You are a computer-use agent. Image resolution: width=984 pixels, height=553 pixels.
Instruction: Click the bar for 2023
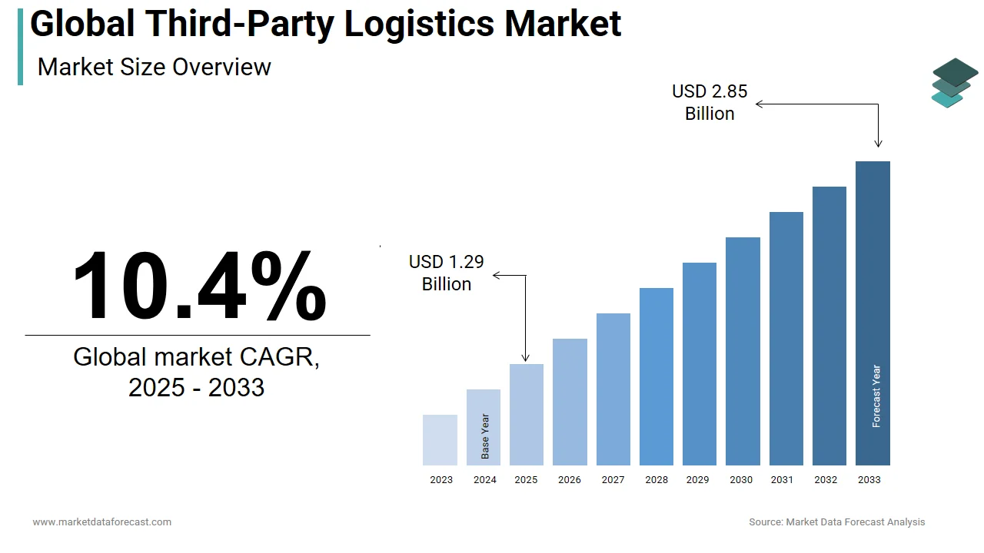(440, 440)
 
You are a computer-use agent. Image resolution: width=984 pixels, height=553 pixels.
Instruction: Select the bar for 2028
(657, 376)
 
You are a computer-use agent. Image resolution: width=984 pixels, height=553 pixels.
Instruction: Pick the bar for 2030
(743, 351)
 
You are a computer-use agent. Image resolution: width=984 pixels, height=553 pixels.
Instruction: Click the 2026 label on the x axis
(570, 480)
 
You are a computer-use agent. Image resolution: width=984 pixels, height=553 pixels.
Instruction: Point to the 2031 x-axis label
(782, 480)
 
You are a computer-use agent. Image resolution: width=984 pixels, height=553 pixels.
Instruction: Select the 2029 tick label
(697, 480)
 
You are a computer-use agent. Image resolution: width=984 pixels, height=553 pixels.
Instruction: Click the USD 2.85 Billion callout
(710, 102)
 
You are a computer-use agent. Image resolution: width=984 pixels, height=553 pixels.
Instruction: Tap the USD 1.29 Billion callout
(447, 273)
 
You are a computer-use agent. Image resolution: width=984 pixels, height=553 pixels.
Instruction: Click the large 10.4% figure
(199, 286)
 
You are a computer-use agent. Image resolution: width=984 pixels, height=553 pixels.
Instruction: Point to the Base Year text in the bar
(485, 436)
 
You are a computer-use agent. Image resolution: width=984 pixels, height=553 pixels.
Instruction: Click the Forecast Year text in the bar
(876, 396)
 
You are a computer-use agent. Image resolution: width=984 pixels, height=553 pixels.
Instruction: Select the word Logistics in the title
(419, 24)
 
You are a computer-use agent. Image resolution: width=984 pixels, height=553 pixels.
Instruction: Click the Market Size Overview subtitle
(154, 67)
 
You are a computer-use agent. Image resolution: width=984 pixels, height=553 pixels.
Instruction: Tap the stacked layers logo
(954, 83)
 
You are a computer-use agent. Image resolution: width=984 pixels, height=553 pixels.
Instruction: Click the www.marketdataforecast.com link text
(101, 522)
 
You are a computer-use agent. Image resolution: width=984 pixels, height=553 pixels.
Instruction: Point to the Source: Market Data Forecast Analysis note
(837, 522)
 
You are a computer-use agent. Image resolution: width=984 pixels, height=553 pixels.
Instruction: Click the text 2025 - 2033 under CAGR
(197, 387)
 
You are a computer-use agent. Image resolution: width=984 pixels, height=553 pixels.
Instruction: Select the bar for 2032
(829, 326)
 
